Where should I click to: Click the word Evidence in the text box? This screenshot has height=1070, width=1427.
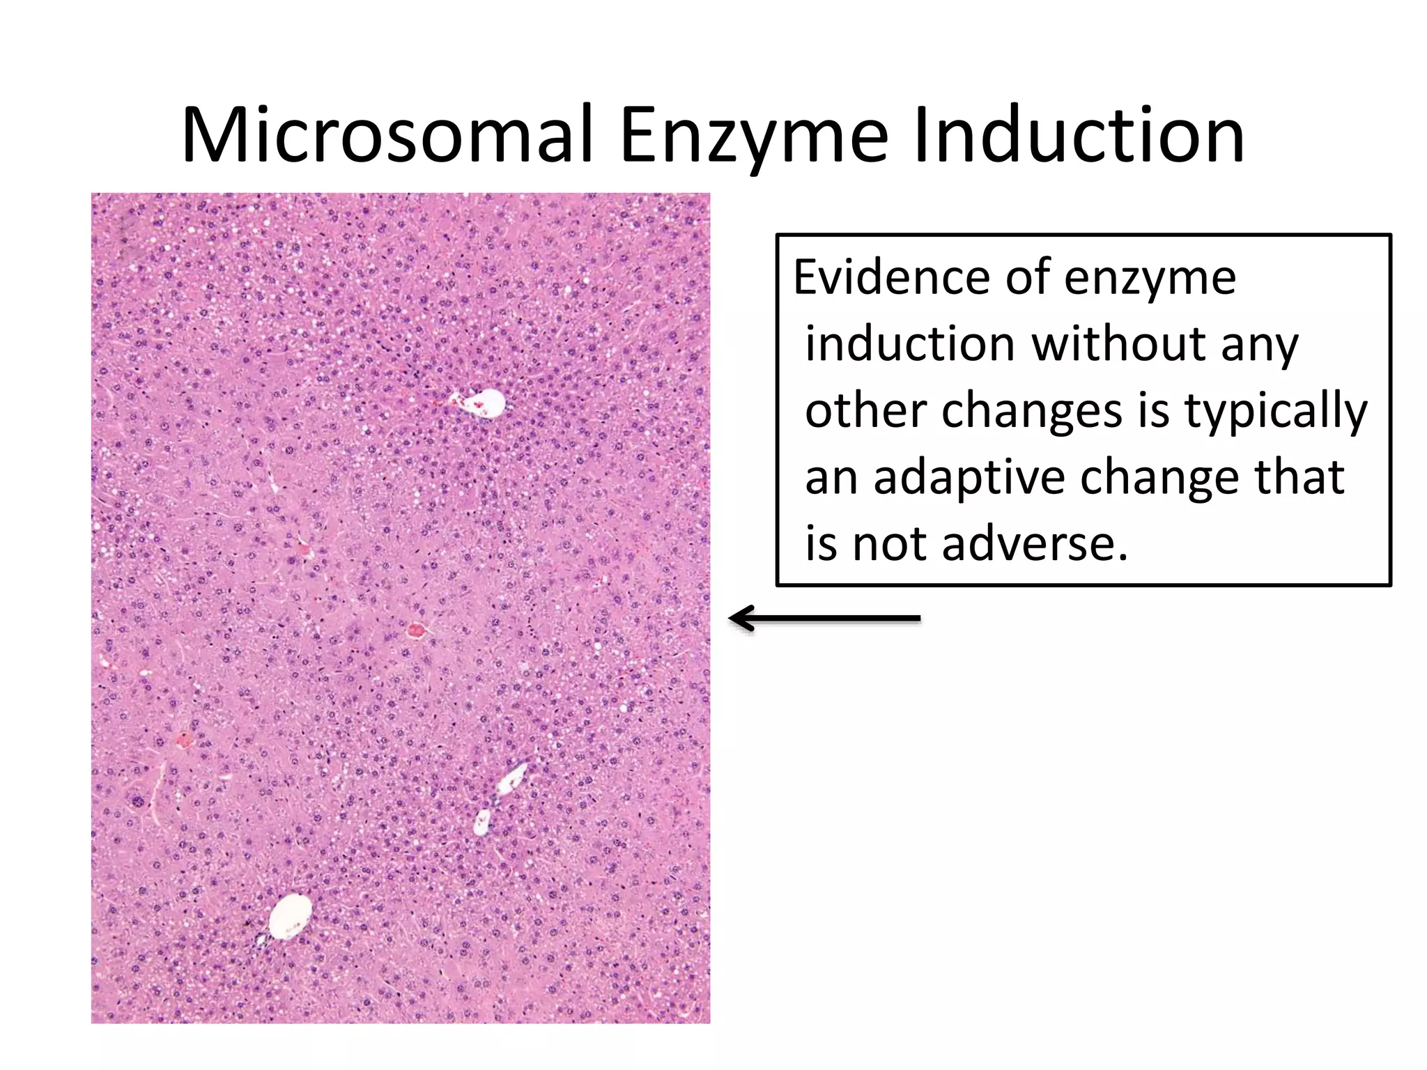pyautogui.click(x=892, y=277)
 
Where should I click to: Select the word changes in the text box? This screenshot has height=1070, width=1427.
pyautogui.click(x=1032, y=411)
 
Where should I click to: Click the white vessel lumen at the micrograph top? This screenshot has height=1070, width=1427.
pyautogui.click(x=487, y=403)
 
